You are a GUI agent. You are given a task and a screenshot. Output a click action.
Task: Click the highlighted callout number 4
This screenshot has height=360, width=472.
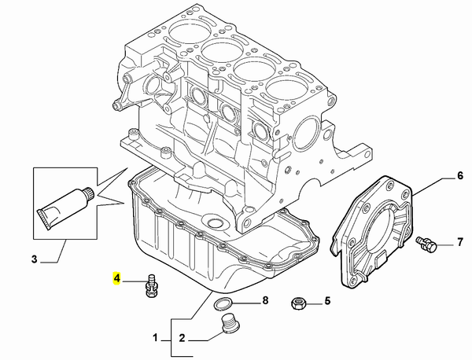click(x=117, y=277)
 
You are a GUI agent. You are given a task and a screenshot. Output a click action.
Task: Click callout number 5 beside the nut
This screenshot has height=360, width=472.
click(x=327, y=300)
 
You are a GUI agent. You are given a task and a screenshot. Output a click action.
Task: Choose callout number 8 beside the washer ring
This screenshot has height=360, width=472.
click(x=264, y=300)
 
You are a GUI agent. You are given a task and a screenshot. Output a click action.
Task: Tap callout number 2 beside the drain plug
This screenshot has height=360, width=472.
click(x=181, y=340)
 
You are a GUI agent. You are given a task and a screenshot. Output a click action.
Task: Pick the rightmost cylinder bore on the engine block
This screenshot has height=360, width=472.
click(x=288, y=92)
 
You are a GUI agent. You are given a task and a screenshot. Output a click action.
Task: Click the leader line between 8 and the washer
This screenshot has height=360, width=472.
click(x=245, y=301)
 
